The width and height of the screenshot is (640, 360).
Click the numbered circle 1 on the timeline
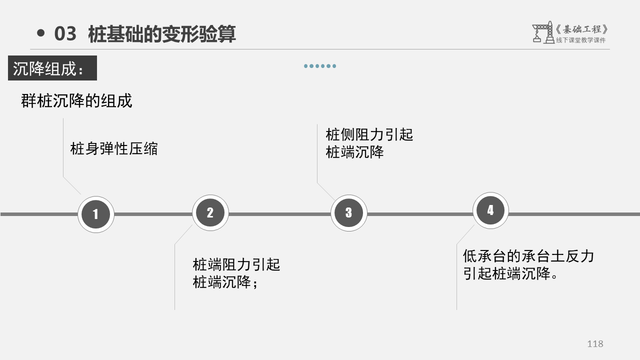coord(96,214)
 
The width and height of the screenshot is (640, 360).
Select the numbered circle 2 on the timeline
coord(210,212)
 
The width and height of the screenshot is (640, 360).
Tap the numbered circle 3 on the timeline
coord(349,212)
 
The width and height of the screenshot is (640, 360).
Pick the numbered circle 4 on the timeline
coord(490,210)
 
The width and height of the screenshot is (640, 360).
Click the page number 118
coord(595,343)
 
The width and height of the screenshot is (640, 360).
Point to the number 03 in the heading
coord(65,34)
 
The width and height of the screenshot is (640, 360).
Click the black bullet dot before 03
coord(41,33)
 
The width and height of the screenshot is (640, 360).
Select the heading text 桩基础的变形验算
coord(161,34)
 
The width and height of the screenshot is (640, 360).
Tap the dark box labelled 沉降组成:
coord(52,68)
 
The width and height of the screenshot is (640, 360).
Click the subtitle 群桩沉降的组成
coord(76,100)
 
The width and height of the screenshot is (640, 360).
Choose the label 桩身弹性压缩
coord(114,148)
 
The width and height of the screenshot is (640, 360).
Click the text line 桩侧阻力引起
coord(369,134)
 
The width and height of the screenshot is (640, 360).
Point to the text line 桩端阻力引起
coord(236,264)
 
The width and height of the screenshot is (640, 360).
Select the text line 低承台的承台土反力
coord(528,256)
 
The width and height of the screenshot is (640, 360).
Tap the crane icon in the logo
coord(542,32)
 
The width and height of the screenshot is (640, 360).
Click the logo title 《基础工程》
coord(582,29)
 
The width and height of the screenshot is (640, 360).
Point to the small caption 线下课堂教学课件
coord(580,40)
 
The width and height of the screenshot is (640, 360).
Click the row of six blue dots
coord(320,66)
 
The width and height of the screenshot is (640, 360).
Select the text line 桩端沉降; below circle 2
coord(225,282)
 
